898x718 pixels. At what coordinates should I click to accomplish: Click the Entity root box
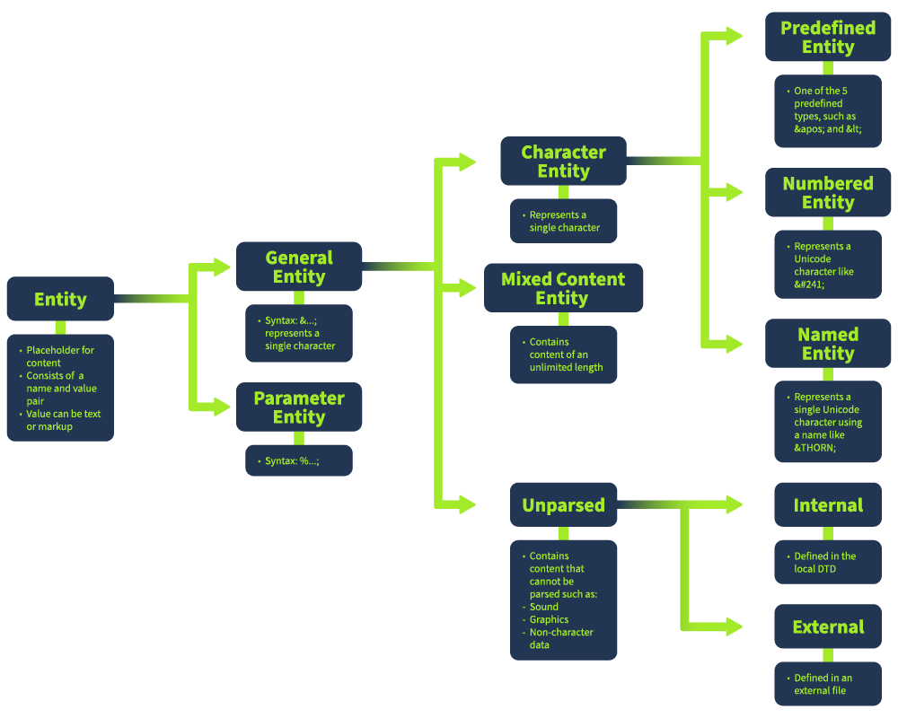(x=60, y=299)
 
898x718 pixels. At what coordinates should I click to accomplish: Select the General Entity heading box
(x=299, y=267)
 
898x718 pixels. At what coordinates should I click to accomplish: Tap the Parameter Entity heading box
(x=299, y=407)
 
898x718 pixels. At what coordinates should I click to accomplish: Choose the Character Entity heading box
(x=563, y=162)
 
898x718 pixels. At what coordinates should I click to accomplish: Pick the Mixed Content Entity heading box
(x=563, y=288)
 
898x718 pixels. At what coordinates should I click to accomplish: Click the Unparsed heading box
(x=563, y=505)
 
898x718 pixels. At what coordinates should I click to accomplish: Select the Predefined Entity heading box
(x=828, y=38)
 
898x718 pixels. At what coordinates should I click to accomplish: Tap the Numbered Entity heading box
(x=828, y=193)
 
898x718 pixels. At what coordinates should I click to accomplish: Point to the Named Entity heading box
(x=828, y=344)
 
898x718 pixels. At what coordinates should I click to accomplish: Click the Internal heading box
(x=828, y=505)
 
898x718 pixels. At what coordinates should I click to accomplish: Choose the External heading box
(x=828, y=627)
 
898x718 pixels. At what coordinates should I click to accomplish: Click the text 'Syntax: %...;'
(x=293, y=461)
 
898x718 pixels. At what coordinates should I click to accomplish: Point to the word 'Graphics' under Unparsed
(x=550, y=619)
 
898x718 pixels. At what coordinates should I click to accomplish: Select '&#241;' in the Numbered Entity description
(x=810, y=284)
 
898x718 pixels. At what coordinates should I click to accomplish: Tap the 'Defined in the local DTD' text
(x=824, y=563)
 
